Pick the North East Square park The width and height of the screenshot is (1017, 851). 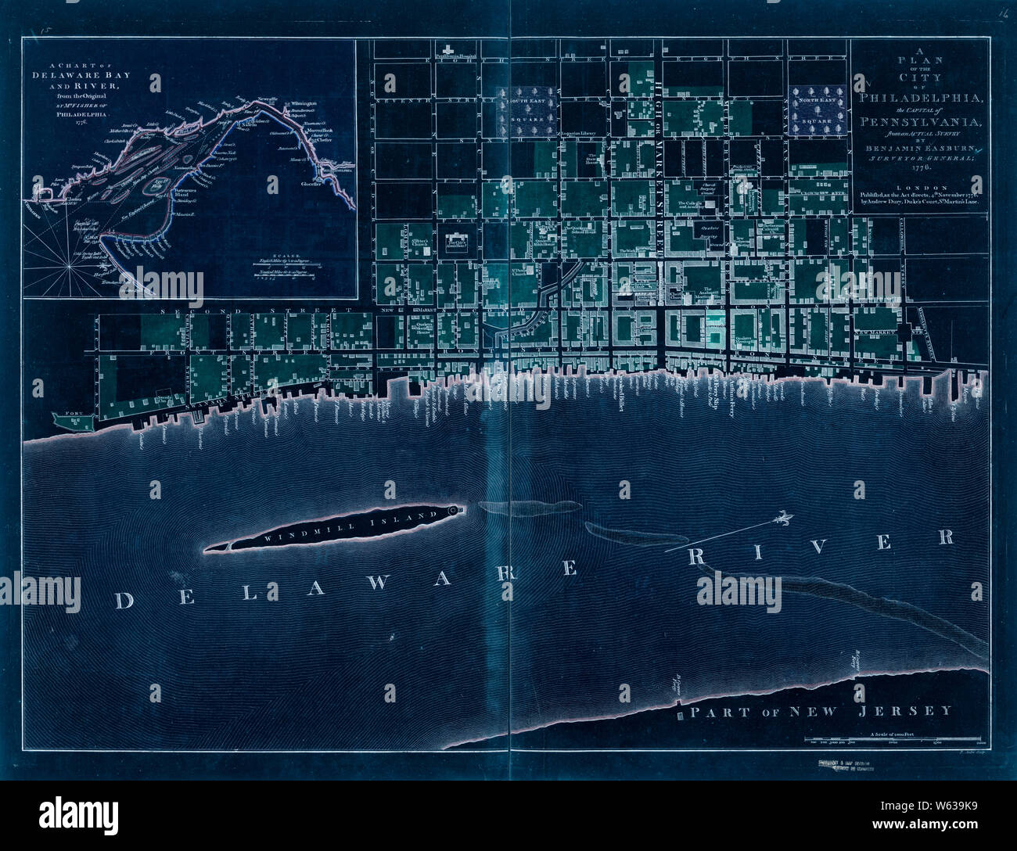[x=817, y=110]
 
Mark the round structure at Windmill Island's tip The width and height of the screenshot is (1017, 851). [x=455, y=511]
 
